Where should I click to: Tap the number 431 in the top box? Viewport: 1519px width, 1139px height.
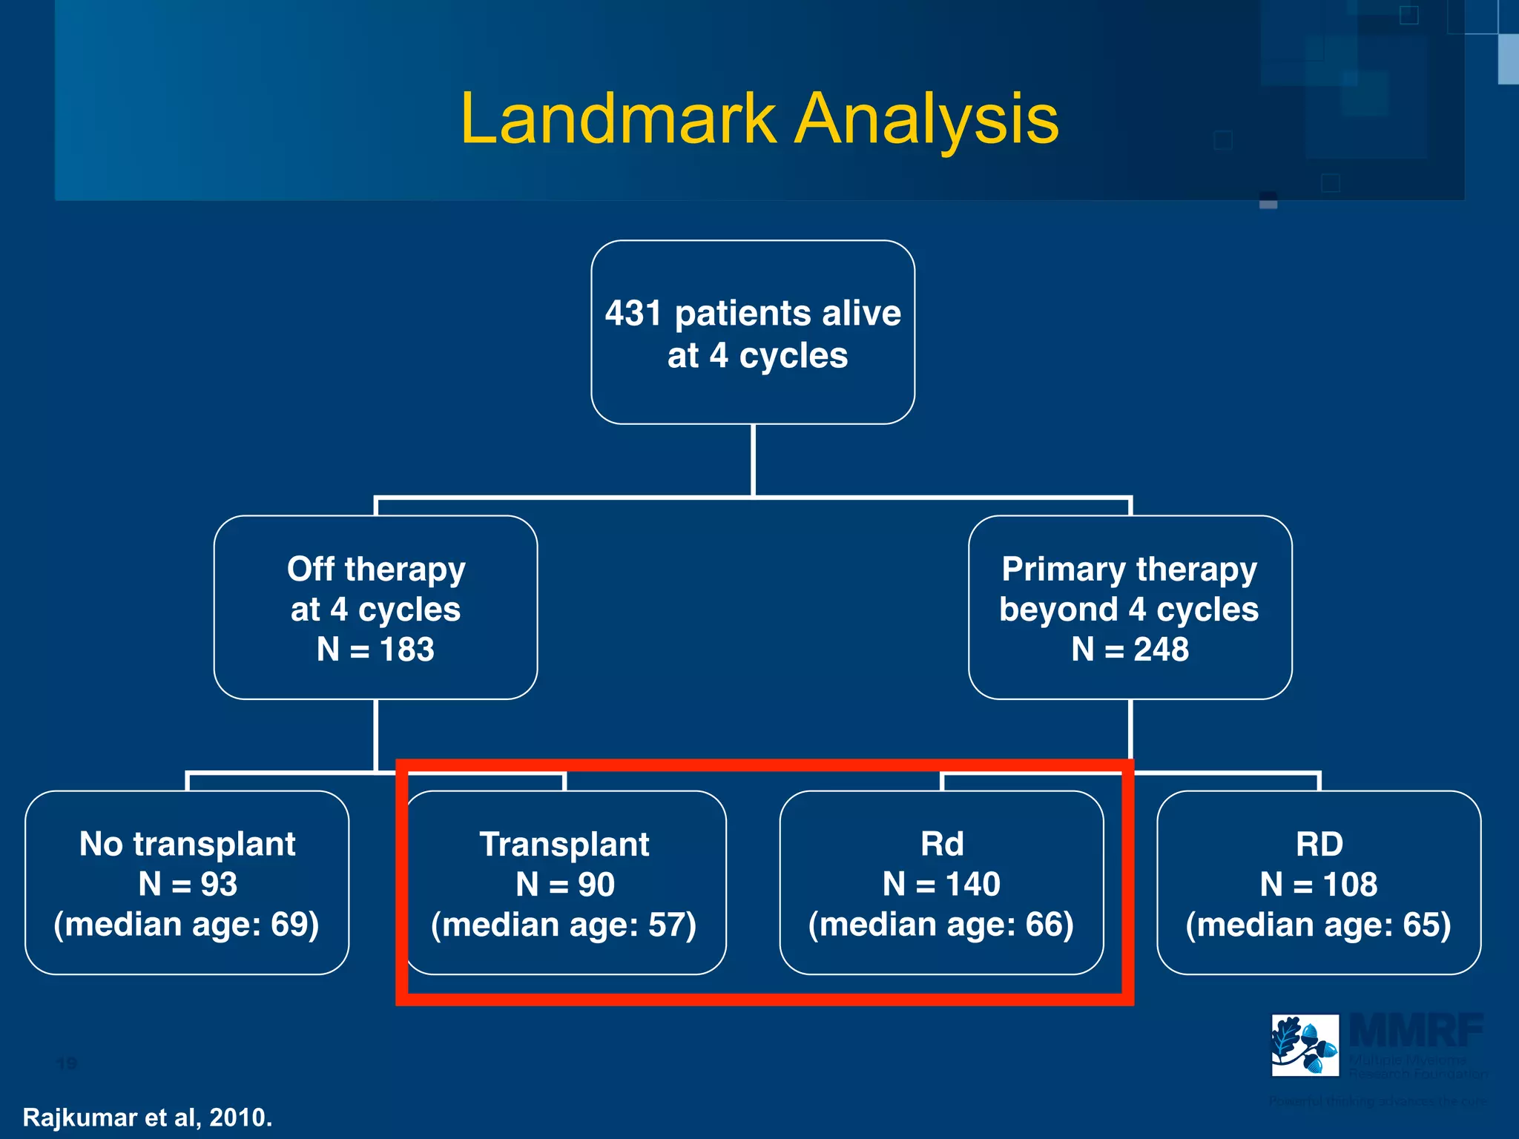pos(633,313)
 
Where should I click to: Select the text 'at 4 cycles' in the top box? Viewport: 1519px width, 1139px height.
pos(757,356)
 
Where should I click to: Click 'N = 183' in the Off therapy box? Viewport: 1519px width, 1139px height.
pos(375,650)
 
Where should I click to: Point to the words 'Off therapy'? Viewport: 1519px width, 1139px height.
pos(376,569)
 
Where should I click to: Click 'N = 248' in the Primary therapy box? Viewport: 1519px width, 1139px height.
pos(1130,650)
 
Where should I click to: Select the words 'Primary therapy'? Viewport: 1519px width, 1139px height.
pos(1129,569)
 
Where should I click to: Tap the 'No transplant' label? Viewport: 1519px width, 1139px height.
pos(187,844)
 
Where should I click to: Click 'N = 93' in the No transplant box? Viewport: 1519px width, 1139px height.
pos(187,884)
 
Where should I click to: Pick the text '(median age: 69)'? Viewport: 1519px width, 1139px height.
pos(186,925)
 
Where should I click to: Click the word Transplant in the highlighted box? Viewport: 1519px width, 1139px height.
pos(564,845)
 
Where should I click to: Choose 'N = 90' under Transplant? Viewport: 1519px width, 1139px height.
pos(565,885)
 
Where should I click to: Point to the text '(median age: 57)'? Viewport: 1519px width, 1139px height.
pos(564,925)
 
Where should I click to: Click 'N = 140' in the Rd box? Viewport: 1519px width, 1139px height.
pos(941,884)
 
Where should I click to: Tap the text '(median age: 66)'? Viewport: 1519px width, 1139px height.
pos(940,925)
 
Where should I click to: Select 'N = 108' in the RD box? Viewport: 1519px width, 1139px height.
pos(1318,885)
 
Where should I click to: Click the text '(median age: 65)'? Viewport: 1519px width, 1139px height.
pos(1318,925)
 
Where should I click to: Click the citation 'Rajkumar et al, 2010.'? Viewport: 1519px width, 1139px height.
pos(148,1117)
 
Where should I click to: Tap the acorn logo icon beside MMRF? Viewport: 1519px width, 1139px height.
pos(1305,1045)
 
